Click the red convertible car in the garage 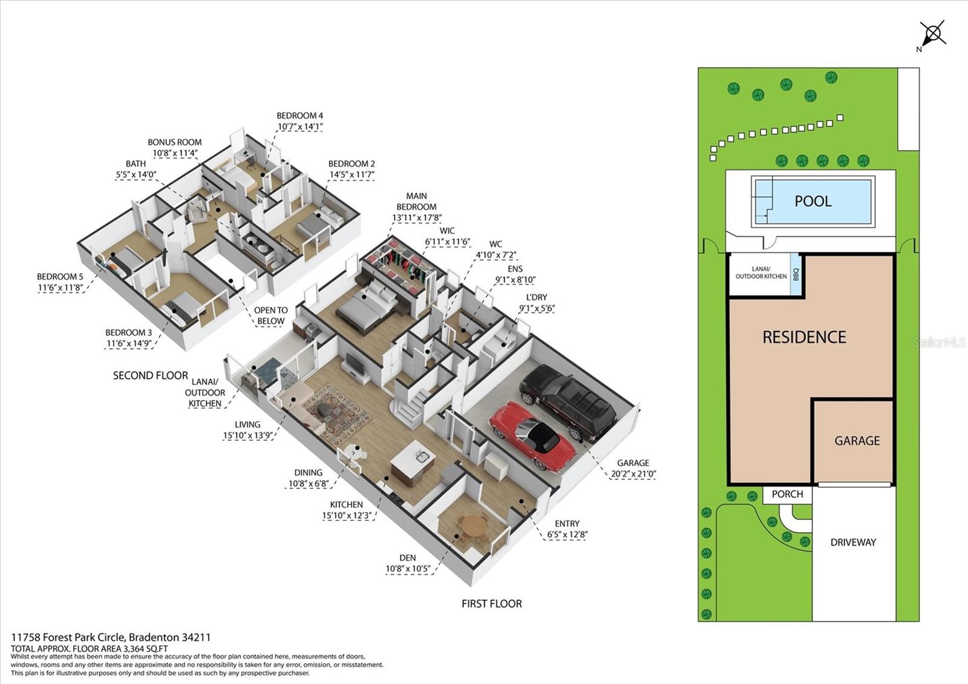click(x=533, y=435)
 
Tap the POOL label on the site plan click(x=813, y=201)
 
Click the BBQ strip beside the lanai click(x=796, y=274)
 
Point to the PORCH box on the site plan click(x=787, y=494)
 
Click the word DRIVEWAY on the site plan click(x=853, y=542)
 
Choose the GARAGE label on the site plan click(x=857, y=441)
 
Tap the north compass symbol click(x=932, y=37)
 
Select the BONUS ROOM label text click(x=175, y=142)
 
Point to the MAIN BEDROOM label click(x=417, y=202)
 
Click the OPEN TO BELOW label click(x=270, y=315)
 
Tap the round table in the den click(x=474, y=527)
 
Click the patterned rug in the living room click(x=337, y=408)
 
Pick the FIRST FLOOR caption click(x=492, y=603)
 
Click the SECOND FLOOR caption click(x=151, y=375)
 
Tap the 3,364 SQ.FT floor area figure click(x=143, y=648)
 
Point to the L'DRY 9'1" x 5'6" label click(x=537, y=303)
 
